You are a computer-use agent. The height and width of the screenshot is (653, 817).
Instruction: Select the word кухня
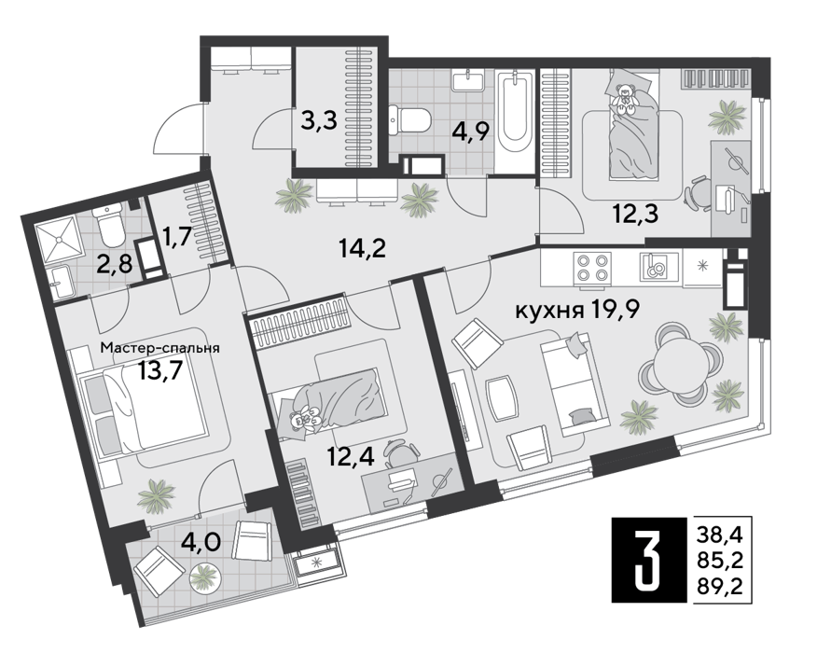(549, 312)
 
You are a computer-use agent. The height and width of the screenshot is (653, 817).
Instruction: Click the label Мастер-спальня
(160, 348)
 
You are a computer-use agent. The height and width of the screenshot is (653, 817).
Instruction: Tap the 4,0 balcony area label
(201, 542)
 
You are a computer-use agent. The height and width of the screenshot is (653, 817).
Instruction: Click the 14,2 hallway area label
(362, 248)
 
